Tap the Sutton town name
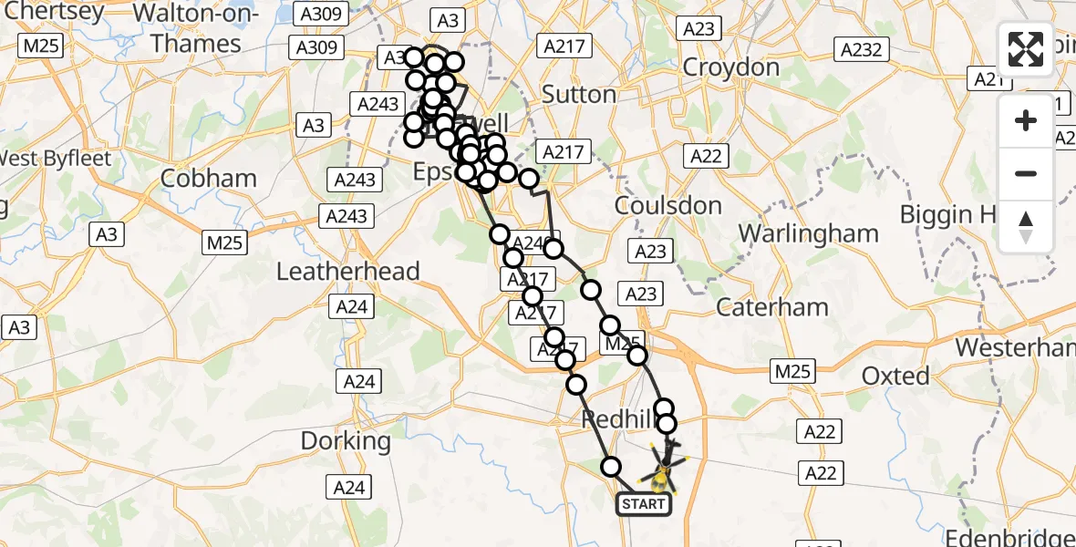[x=579, y=94]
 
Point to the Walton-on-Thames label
[x=196, y=28]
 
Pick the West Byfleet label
[x=55, y=159]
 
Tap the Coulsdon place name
[x=668, y=206]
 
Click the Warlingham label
[x=808, y=233]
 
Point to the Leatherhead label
[x=347, y=271]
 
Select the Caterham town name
[x=772, y=307]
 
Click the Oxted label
[x=895, y=376]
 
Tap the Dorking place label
[x=346, y=441]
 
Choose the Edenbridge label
[x=1012, y=536]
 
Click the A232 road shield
[x=862, y=49]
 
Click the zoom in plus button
[x=1026, y=121]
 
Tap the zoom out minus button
[x=1026, y=174]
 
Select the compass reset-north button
[x=1026, y=226]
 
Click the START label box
[x=645, y=503]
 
